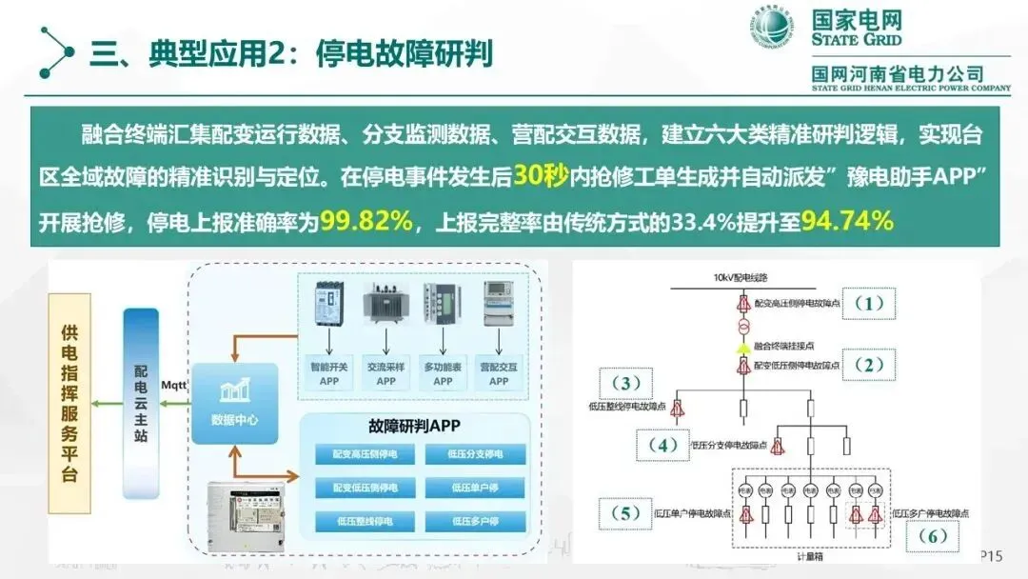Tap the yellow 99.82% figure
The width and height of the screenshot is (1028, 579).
366,222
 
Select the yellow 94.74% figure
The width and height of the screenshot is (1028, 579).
846,222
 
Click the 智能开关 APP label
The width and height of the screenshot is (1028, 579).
328,373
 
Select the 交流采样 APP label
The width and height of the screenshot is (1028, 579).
385,373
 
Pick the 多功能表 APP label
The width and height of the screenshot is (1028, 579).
444,373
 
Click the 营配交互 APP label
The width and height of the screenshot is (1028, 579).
500,373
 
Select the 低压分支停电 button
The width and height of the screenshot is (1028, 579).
474,454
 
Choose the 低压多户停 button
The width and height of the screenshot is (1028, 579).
474,521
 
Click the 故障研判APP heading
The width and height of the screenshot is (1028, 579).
421,427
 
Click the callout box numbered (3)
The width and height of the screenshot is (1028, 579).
626,384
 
